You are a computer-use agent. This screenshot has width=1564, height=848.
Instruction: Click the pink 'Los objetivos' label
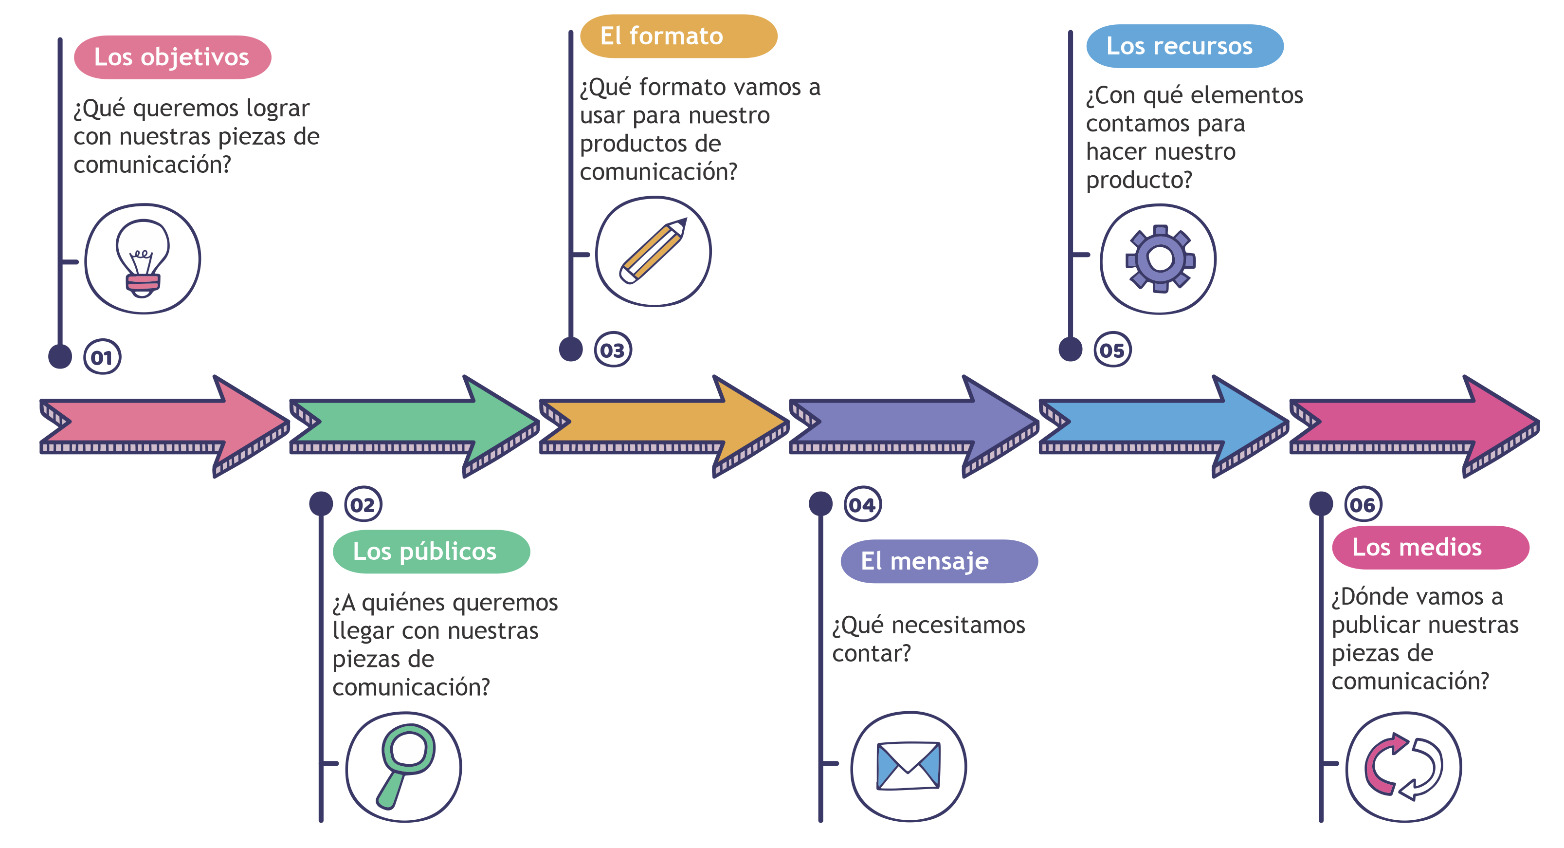(x=172, y=57)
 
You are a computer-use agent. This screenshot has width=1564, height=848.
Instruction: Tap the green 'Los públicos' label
(x=431, y=552)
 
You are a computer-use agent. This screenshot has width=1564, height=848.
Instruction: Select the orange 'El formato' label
(x=678, y=37)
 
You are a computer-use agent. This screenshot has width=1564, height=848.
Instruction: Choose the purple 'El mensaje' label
(x=938, y=561)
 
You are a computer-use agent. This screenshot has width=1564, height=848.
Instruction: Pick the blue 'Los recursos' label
(x=1184, y=46)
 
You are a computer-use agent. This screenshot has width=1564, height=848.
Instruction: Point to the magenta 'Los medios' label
(x=1429, y=547)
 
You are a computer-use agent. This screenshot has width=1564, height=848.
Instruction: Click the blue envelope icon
(x=909, y=766)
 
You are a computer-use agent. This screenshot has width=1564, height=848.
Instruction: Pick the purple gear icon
(x=1160, y=259)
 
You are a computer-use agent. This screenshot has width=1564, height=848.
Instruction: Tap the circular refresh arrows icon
(x=1403, y=767)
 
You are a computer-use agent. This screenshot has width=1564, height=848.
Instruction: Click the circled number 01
(x=102, y=357)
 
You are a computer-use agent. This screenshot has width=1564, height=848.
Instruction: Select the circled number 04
(x=862, y=504)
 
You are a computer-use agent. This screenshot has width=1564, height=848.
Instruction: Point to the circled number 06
(x=1363, y=504)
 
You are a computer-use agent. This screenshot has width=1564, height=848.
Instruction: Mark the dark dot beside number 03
(x=571, y=350)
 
